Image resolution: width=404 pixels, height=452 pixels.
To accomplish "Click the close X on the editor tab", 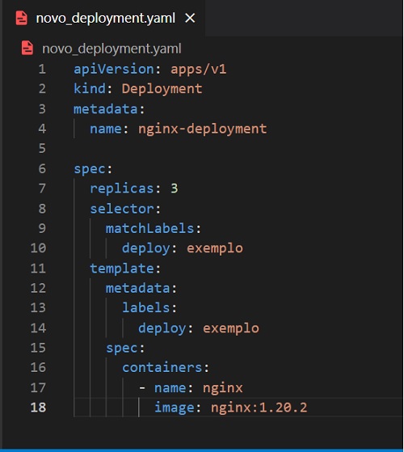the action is pos(190,18).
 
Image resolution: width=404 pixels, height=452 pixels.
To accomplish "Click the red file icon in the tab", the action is pos(22,18).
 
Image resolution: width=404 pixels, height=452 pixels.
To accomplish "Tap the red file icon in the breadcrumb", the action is pos(27,48).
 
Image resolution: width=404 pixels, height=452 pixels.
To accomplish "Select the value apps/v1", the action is pos(199,70).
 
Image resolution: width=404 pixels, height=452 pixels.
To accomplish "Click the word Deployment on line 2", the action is pos(162,88).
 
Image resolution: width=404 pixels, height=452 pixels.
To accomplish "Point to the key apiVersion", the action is pos(114,70).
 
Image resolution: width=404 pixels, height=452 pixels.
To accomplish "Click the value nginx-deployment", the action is pos(203,129).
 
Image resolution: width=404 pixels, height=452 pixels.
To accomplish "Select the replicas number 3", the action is pos(175,188).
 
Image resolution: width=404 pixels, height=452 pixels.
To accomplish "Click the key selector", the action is pos(122,209).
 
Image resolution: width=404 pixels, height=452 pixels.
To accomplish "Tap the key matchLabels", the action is pos(149,228).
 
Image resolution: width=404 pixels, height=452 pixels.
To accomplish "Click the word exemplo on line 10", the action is pos(215,248).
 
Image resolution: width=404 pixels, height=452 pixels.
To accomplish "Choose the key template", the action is pos(122,268).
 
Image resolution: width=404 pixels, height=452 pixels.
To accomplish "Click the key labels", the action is pos(146,307).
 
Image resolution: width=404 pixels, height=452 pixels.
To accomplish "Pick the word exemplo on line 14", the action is pos(230,328).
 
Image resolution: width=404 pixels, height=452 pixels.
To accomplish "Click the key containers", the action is pos(162,368).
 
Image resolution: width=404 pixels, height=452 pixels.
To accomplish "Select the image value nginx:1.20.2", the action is pos(259,408).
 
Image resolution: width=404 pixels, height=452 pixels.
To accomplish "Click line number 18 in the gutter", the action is pos(38,408).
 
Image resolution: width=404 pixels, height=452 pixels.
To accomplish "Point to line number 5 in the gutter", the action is pos(42,149).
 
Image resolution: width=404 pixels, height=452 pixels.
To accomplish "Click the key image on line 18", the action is pos(174,408).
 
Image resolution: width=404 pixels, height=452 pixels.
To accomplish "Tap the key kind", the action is pos(90,88).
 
